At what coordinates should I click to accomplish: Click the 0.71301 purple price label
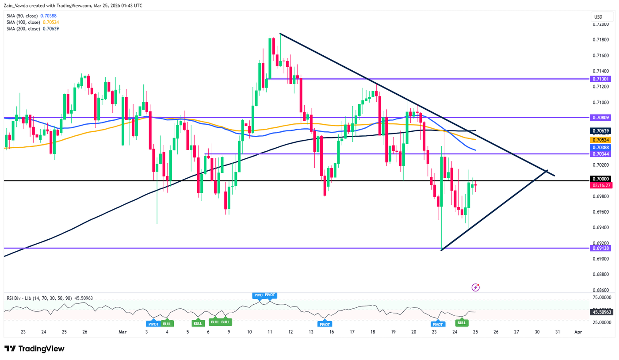coord(600,79)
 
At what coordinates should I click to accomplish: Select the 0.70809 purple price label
coord(600,118)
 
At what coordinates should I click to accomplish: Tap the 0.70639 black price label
coord(600,131)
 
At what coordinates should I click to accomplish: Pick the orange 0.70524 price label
coord(600,139)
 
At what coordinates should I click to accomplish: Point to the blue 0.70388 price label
coord(600,147)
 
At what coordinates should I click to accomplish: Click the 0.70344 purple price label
coord(600,154)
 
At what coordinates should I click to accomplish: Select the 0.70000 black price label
coord(600,179)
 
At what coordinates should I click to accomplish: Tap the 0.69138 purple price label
coord(600,248)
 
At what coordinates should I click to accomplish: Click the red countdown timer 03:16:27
coord(600,185)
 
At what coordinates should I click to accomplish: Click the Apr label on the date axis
coord(577,332)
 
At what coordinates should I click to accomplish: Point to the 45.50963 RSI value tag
coord(600,312)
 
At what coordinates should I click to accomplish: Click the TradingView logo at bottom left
coord(34,349)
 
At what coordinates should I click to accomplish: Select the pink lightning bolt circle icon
coord(476,287)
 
